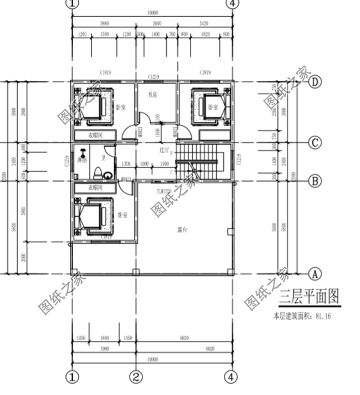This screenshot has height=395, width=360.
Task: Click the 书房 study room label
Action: tap(152, 95)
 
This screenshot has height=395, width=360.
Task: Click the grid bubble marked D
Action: tap(315, 82)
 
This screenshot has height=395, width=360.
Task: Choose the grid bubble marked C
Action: tap(315, 143)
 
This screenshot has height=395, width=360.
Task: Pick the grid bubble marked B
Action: tap(315, 181)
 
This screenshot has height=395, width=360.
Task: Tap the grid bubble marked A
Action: tap(315, 273)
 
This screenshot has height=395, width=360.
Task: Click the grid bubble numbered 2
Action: tap(136, 377)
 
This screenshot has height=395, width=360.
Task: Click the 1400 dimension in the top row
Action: tap(155, 34)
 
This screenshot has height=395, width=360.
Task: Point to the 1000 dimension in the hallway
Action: tap(145, 165)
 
